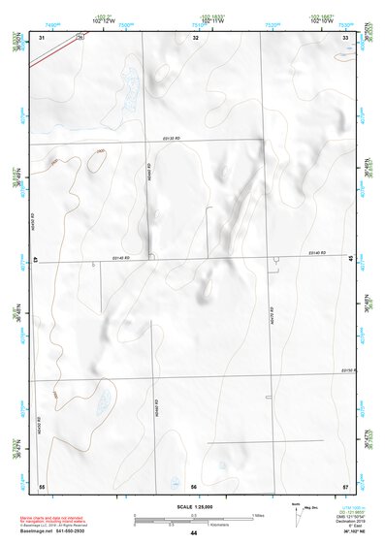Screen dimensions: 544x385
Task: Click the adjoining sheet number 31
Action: click(42, 37)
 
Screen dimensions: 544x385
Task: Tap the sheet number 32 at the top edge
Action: click(196, 37)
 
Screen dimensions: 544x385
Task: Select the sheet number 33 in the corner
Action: click(346, 37)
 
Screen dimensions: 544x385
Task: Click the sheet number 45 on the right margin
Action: click(350, 258)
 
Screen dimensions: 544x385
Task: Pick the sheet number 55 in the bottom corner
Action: click(42, 485)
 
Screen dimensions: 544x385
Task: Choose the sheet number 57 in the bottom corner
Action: click(345, 485)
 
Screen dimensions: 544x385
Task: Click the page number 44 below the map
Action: click(194, 533)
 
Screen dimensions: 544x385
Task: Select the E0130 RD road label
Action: click(173, 140)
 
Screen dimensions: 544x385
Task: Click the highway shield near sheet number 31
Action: click(80, 36)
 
